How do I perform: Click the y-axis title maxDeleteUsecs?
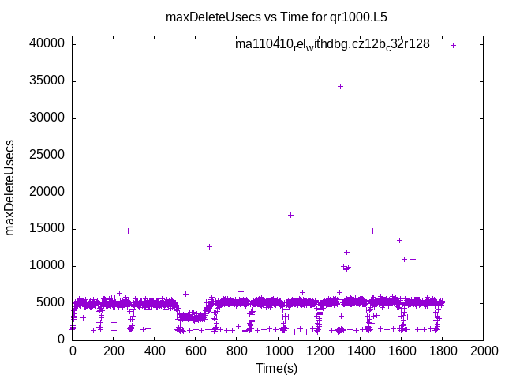click(x=11, y=186)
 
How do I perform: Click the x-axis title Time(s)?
click(x=277, y=368)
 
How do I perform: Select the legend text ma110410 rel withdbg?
click(x=332, y=45)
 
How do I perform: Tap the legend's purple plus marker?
click(x=453, y=45)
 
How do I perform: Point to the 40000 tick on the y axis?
click(x=49, y=44)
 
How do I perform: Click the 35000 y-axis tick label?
click(x=49, y=81)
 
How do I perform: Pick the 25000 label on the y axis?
click(x=49, y=156)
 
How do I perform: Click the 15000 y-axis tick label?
click(x=49, y=229)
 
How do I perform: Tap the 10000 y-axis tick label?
click(x=49, y=266)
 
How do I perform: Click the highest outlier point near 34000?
click(x=340, y=86)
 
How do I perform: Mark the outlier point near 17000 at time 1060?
click(x=290, y=215)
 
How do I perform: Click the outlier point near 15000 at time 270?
click(x=128, y=231)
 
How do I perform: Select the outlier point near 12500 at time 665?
click(x=209, y=246)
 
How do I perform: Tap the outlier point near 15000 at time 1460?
click(x=372, y=231)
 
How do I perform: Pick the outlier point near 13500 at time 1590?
click(x=399, y=240)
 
